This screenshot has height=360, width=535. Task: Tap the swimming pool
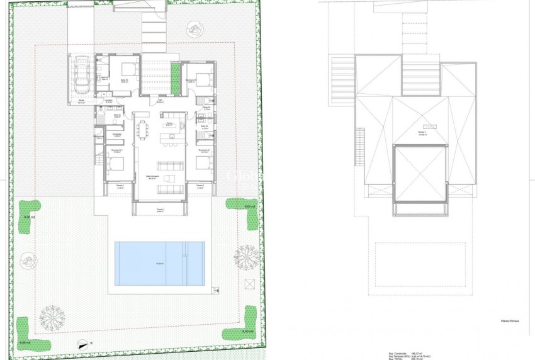point(159,262)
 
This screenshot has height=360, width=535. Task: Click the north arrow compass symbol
point(81,344)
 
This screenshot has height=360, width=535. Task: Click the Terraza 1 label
point(160,210)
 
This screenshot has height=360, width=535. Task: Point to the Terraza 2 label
point(120,187)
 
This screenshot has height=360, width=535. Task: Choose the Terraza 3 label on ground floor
point(200,187)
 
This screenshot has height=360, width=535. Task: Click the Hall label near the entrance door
point(160,101)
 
